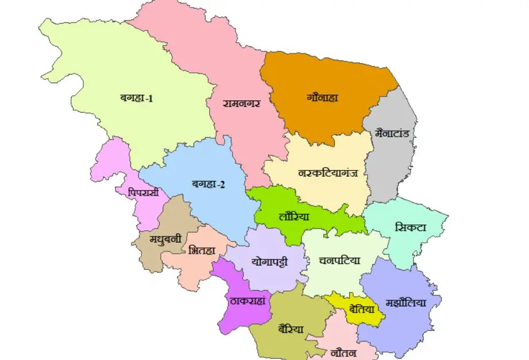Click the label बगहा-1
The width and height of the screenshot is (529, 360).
[x=136, y=98]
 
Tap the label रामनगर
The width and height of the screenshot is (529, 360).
[x=242, y=103]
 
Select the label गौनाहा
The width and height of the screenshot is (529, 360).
[x=322, y=97]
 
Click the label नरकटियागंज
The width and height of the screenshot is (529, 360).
[x=329, y=172]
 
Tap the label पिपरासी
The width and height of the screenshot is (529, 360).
[x=144, y=192]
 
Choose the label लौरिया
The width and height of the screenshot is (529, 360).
[x=294, y=217]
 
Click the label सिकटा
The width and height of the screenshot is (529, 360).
[x=411, y=227]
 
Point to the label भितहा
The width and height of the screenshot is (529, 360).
[x=202, y=250]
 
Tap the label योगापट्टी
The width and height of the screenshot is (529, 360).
[x=269, y=261]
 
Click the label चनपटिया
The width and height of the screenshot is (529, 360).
[x=339, y=260]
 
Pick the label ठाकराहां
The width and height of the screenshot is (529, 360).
[x=246, y=301]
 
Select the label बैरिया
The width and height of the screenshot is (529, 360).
[x=291, y=329]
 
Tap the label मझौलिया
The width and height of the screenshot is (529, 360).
[x=406, y=303]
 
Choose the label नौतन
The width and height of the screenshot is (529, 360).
[x=345, y=352]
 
